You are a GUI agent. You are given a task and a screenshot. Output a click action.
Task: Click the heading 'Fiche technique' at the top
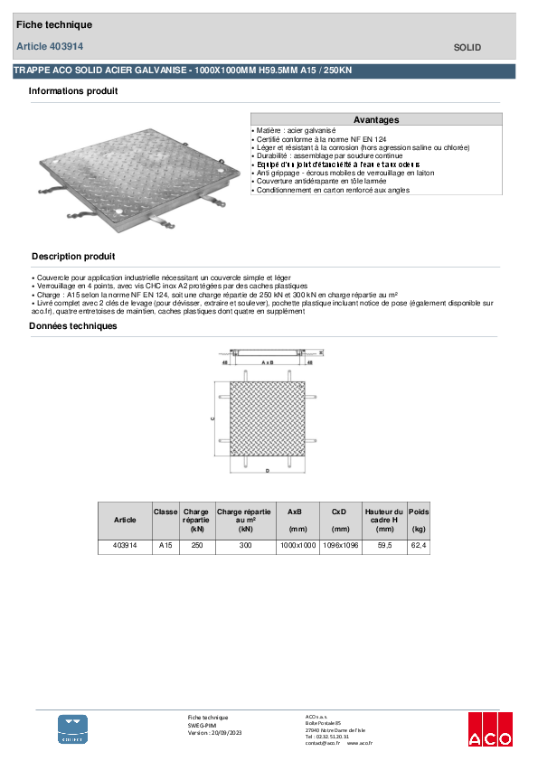[x=54, y=25]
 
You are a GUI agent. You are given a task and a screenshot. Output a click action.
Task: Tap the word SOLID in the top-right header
[x=467, y=48]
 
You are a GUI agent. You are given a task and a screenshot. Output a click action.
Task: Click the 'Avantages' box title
[x=376, y=119]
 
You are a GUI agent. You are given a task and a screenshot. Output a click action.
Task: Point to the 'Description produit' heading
[x=73, y=257]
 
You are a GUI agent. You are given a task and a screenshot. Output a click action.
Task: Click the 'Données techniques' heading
[x=72, y=326]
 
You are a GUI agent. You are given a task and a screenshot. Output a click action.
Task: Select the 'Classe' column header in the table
[x=165, y=512]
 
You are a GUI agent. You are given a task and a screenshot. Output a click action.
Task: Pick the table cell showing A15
[x=165, y=547]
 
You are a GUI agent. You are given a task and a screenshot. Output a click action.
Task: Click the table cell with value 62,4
[x=419, y=547]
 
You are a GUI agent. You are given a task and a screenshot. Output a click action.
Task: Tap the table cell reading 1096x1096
[x=340, y=547]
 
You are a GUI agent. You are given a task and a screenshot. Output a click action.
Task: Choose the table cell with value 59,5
[x=384, y=547]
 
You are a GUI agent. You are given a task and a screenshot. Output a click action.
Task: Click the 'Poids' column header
[x=419, y=512]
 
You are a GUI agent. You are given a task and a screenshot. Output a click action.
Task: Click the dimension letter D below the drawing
[x=268, y=472]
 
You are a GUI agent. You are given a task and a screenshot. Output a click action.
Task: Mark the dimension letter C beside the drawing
[x=212, y=418]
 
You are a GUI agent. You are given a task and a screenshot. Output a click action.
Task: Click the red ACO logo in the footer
[x=489, y=730]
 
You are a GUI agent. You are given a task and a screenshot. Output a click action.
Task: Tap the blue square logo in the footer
[x=73, y=729]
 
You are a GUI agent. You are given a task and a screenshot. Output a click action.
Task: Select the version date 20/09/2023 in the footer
[x=222, y=733]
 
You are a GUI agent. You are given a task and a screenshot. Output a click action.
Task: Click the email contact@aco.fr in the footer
[x=323, y=743]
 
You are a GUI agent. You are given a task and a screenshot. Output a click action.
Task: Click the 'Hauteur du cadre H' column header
[x=384, y=520]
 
